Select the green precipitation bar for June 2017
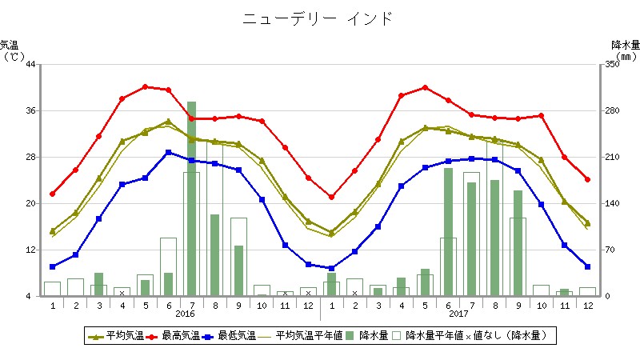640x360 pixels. point(448,231)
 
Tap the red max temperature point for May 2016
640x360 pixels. point(146,86)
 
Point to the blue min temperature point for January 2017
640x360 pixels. point(331,269)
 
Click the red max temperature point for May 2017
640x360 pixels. point(425,87)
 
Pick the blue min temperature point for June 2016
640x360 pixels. point(168,152)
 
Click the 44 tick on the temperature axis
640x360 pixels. point(30,64)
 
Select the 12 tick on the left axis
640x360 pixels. point(30,250)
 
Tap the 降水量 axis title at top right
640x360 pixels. point(625,46)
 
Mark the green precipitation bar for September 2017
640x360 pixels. point(518,242)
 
